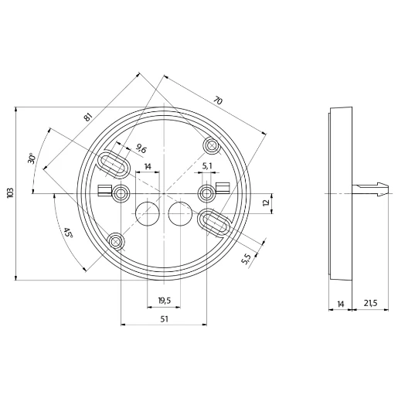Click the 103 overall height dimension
pos(10,192)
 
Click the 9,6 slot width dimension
pos(141,148)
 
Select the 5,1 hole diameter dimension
pos(207,165)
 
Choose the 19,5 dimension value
pos(164,301)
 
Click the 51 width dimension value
pos(164,318)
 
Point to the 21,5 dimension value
pos(369,303)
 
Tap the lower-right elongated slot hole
pos(213,223)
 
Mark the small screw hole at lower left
pos(115,242)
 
